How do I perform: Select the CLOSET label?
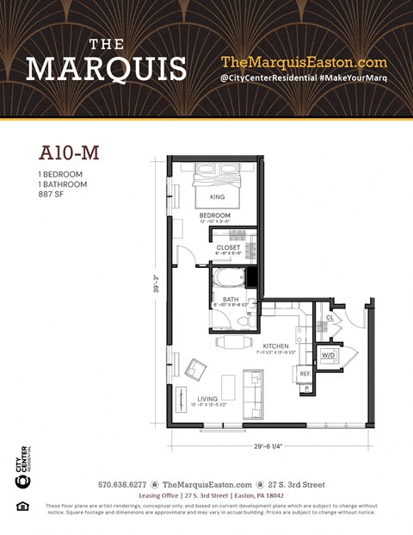228,246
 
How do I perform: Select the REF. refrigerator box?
305,374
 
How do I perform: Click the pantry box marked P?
305,389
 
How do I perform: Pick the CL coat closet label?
330,317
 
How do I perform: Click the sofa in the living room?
254,393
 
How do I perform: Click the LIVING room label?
207,398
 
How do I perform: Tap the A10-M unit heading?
69,152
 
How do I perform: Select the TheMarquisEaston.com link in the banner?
304,62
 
